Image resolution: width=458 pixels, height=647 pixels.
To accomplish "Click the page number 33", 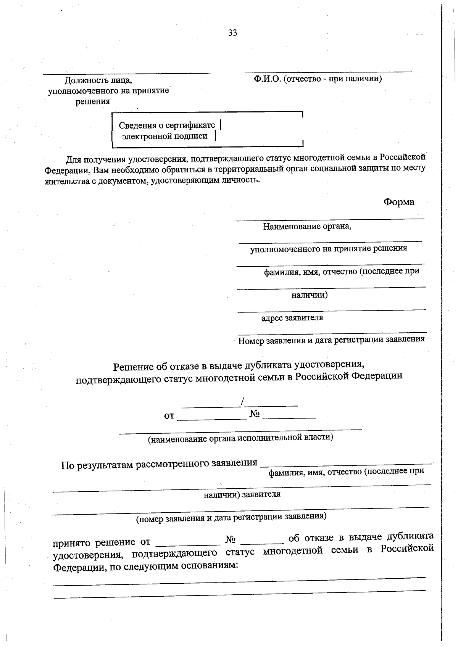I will [x=232, y=33].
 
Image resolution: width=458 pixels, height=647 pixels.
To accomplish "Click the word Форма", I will [x=399, y=202].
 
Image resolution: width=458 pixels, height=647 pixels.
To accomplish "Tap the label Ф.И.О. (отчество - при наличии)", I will [x=318, y=79].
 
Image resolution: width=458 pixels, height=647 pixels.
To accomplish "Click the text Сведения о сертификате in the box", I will [x=167, y=125].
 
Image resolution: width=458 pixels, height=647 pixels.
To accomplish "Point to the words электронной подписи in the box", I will [x=164, y=136].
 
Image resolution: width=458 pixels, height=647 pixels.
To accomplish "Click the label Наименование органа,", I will [x=307, y=227].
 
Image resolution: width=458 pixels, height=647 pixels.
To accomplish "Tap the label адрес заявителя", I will [x=292, y=318].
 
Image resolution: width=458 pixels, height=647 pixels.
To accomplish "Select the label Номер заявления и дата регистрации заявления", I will [x=331, y=340].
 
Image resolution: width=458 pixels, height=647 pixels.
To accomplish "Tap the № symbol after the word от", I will [x=255, y=414].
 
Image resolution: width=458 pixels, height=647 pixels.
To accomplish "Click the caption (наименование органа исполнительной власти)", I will [x=240, y=438].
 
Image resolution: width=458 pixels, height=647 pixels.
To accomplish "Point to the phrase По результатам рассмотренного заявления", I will [x=159, y=464].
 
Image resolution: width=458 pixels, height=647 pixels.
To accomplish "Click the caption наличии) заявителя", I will [x=242, y=494].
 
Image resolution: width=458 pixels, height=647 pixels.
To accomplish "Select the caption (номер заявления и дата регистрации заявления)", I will [x=231, y=517].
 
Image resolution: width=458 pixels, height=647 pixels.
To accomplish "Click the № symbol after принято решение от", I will [x=230, y=540].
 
